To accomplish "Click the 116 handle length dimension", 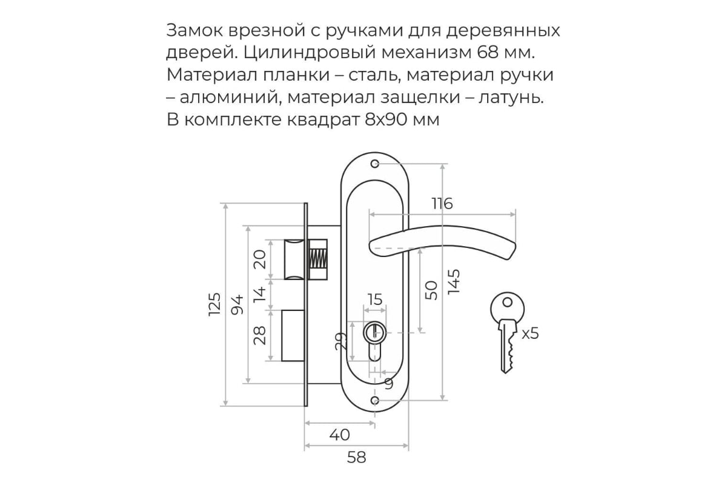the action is (442, 204).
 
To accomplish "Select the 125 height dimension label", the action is (214, 304).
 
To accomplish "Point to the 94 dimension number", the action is (237, 304).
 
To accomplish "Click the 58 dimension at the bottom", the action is (356, 457).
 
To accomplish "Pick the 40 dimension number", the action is (339, 435).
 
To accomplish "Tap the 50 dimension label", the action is (431, 290).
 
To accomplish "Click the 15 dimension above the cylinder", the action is (375, 299).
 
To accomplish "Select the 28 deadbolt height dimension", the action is (260, 336).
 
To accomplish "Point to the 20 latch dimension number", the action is (260, 259).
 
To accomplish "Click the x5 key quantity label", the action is (530, 333).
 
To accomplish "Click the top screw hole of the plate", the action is (375, 164).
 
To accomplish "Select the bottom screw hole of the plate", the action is (375, 400).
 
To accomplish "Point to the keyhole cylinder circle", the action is (374, 332).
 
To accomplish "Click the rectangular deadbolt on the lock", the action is (293, 336).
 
